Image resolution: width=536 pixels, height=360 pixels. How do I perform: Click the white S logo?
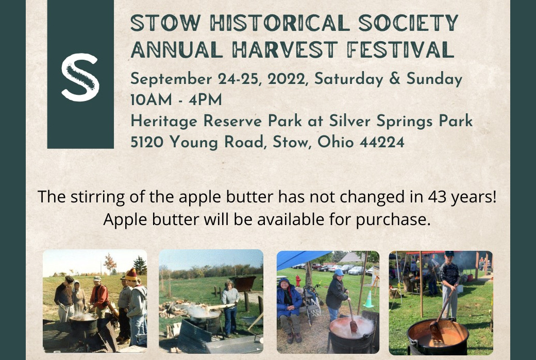(x=80, y=77)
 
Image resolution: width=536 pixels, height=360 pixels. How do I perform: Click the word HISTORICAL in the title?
(x=280, y=23)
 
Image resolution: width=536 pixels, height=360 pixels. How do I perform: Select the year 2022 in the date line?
(x=286, y=79)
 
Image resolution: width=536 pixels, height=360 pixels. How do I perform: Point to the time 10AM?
(x=151, y=100)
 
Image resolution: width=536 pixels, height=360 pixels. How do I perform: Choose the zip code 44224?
(x=382, y=142)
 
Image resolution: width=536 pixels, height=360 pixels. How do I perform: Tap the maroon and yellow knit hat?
(x=131, y=275)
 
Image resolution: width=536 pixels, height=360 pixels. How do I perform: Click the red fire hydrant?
(x=298, y=281)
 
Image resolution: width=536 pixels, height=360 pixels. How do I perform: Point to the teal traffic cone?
(x=368, y=299)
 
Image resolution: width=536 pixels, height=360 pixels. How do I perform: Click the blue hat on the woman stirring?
(x=339, y=272)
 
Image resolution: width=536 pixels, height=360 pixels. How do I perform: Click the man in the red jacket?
(x=99, y=297)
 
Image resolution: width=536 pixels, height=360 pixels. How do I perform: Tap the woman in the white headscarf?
(x=79, y=297)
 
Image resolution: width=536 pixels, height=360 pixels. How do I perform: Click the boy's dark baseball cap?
(x=449, y=254)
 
